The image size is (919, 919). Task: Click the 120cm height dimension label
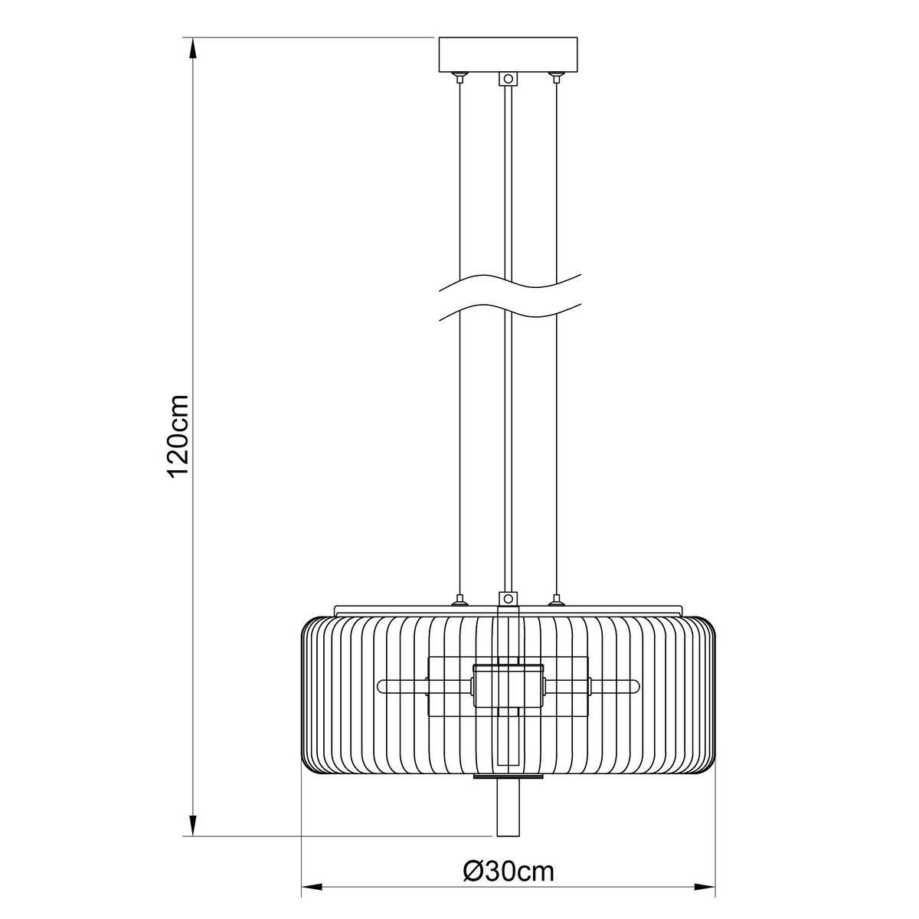click(178, 437)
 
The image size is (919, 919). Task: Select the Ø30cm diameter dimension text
click(509, 870)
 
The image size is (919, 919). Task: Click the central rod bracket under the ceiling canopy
click(507, 78)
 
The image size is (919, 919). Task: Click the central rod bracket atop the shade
click(507, 599)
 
